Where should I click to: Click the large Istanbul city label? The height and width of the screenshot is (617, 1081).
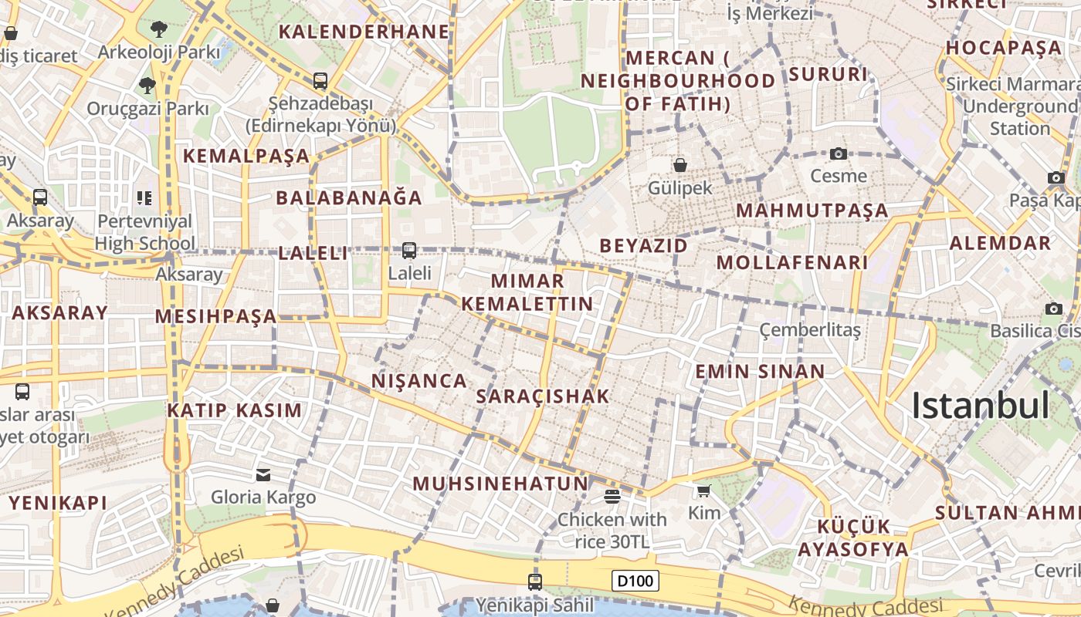point(981,406)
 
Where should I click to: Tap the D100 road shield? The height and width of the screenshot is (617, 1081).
point(635,581)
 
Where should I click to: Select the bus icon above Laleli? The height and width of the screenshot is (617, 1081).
point(409,251)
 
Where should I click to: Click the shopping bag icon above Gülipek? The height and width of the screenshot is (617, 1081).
point(680,165)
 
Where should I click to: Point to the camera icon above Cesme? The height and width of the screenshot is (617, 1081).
point(839,154)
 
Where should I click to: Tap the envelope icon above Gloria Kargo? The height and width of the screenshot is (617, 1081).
point(263,474)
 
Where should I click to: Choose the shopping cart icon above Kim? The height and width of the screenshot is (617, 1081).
point(703,491)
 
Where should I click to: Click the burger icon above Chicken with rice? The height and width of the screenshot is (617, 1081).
point(612,496)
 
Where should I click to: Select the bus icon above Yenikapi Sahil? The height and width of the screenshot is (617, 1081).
point(534,582)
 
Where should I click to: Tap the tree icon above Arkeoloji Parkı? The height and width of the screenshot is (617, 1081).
point(159,29)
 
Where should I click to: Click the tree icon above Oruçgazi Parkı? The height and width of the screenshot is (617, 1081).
point(147,86)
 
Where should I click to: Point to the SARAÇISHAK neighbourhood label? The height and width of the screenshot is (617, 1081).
point(544,396)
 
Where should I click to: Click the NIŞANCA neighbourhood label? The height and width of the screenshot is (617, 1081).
point(419,380)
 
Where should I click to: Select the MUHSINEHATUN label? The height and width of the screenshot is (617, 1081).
point(501,484)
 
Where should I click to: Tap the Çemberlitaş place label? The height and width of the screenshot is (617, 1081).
point(810,330)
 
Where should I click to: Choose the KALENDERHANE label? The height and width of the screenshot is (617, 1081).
point(364,32)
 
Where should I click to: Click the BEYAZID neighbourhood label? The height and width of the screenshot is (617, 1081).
point(644,246)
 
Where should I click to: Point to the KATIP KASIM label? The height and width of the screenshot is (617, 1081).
point(235,410)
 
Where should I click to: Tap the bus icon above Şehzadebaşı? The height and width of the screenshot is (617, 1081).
point(320,80)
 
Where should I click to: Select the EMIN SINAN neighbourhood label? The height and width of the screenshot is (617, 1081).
point(761,371)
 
